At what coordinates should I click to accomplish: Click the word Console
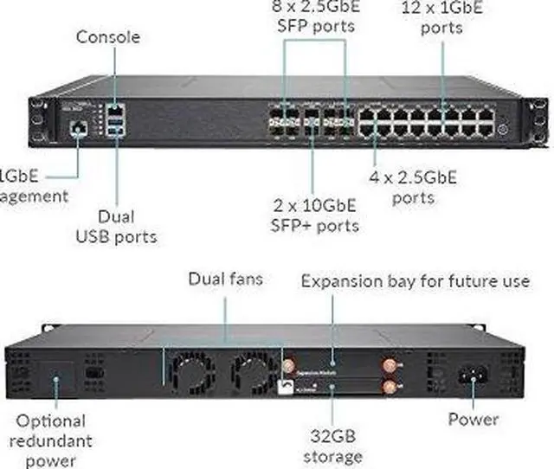[x=107, y=37]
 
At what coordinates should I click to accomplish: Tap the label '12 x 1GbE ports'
[x=441, y=17]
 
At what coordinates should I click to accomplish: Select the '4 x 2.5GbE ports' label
[x=412, y=188]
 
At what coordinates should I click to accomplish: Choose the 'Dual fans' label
[x=225, y=279]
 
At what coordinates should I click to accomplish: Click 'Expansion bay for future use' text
[x=415, y=281]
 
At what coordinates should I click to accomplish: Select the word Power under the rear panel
[x=473, y=420]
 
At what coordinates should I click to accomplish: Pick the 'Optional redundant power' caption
[x=52, y=440]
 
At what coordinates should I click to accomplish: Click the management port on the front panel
[x=79, y=128]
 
